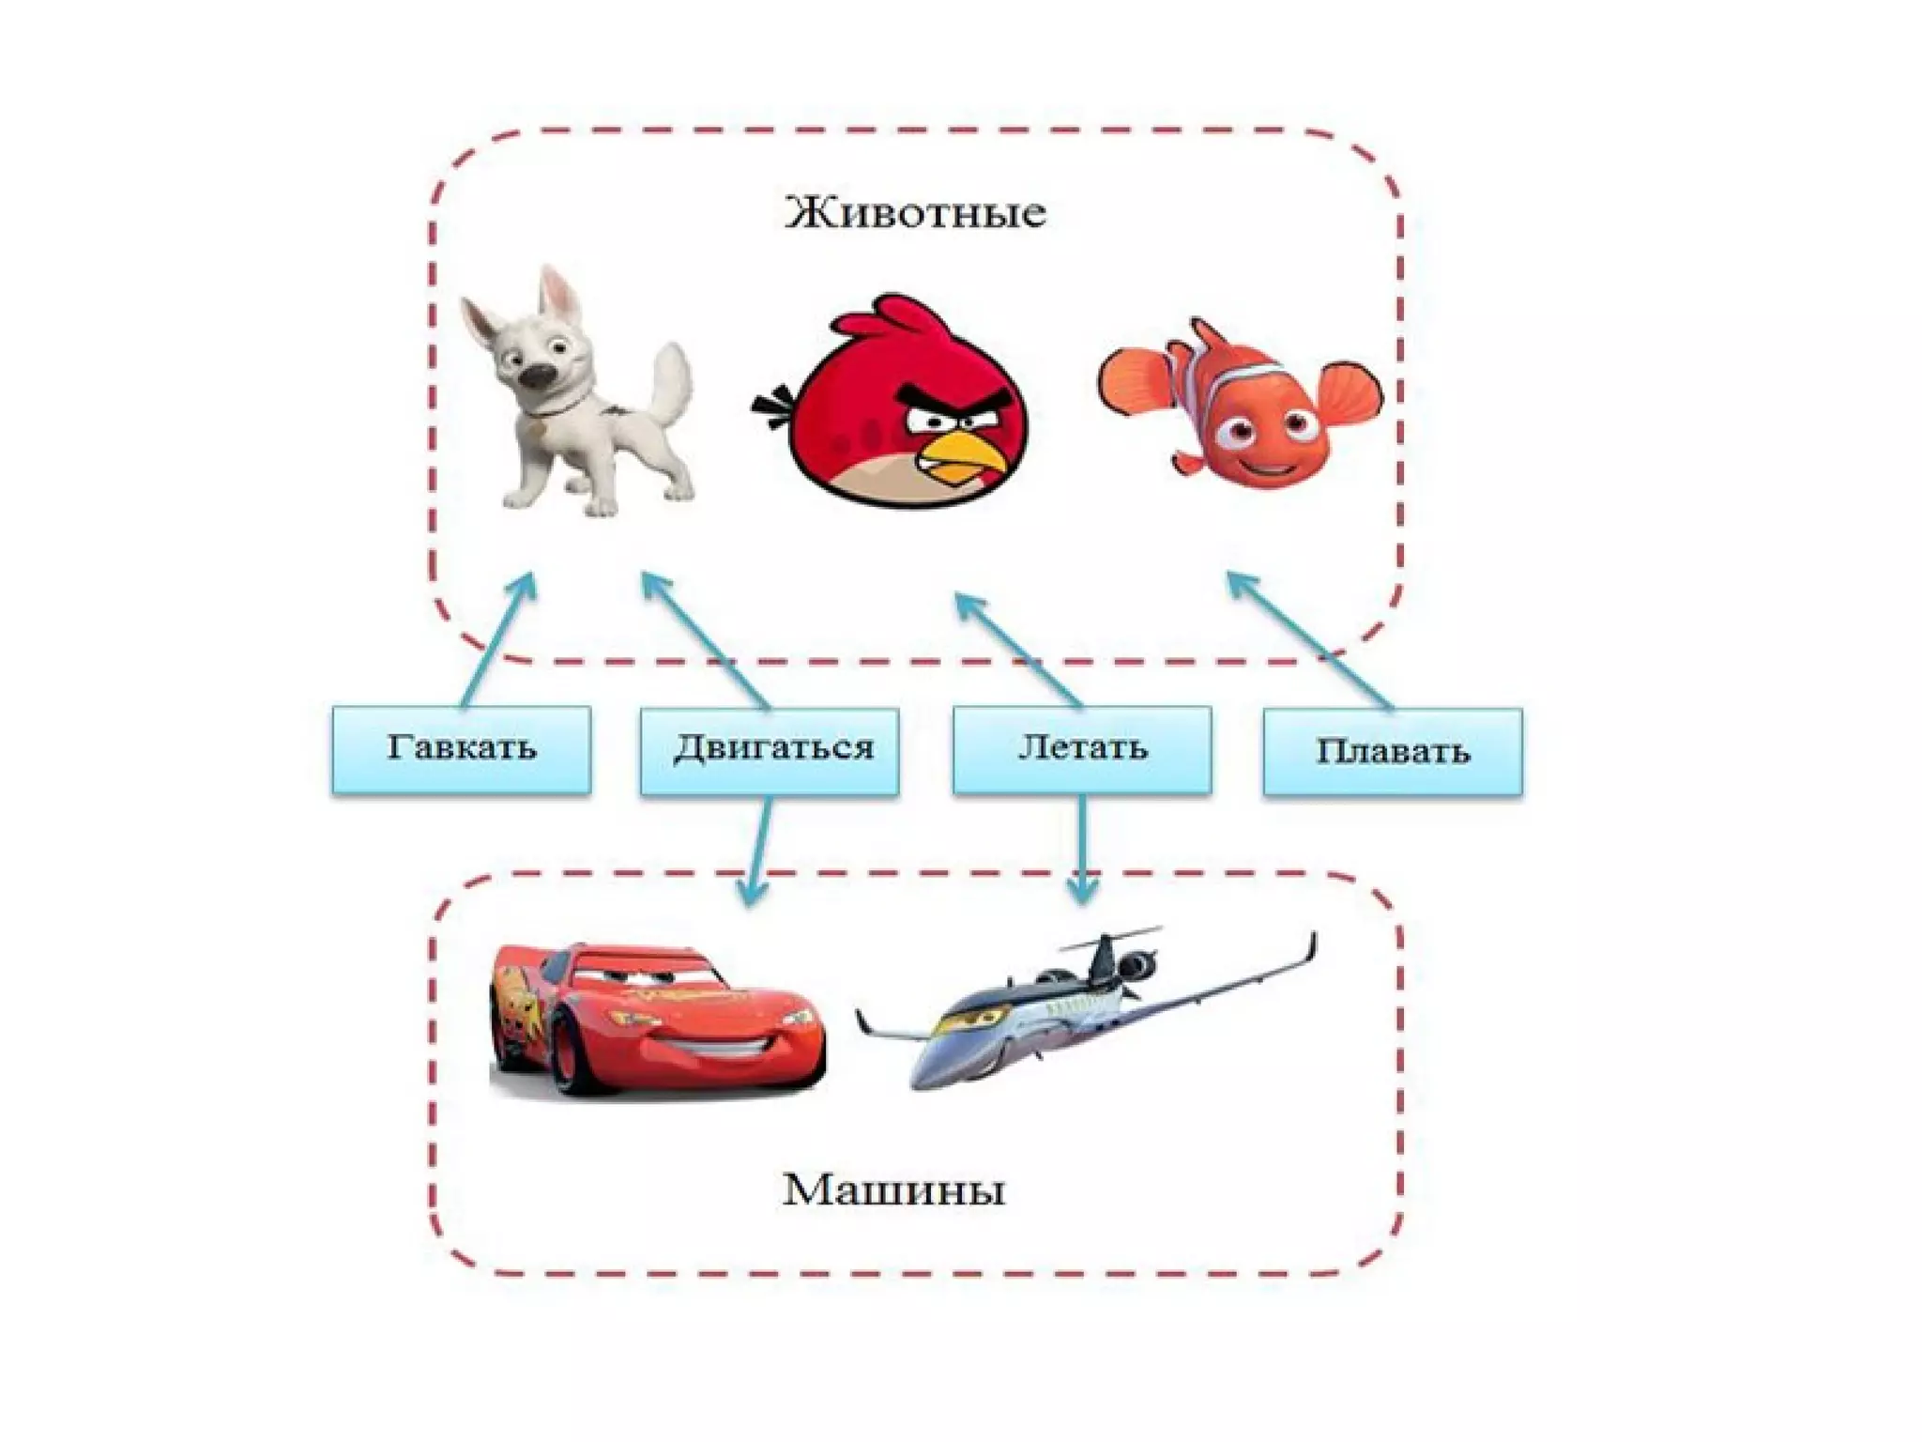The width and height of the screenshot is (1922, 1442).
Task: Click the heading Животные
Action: coord(915,213)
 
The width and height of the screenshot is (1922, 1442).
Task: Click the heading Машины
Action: coord(893,1191)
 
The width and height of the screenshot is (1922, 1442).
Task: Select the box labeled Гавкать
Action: coord(461,749)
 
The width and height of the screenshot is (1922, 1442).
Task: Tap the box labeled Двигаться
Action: coord(770,749)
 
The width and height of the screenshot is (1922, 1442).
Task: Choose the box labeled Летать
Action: coord(1081,749)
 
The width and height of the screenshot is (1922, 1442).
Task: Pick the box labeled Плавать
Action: coord(1392,752)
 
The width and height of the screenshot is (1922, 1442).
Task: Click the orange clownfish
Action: coord(1239,404)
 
